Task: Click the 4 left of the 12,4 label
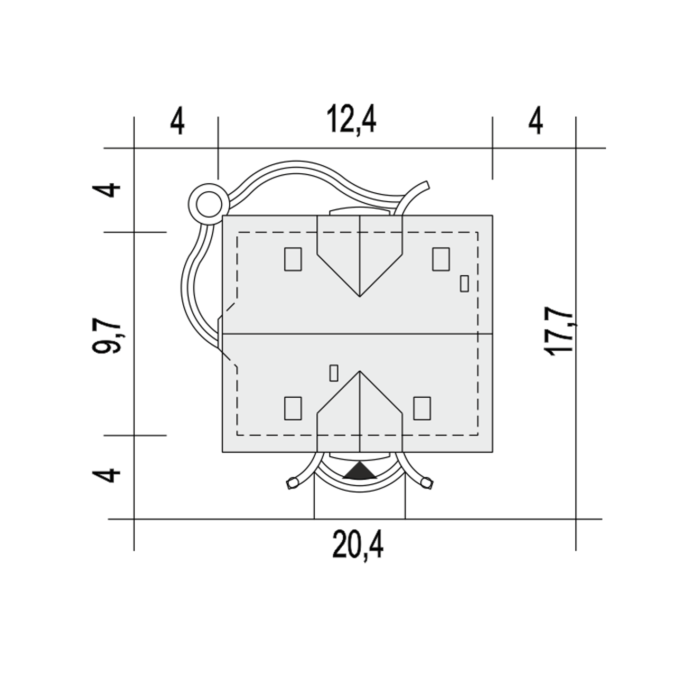click(x=177, y=123)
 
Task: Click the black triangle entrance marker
click(x=360, y=470)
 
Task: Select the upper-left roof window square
click(x=293, y=259)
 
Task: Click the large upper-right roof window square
click(x=441, y=259)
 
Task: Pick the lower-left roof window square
click(x=293, y=408)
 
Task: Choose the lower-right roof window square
click(x=421, y=408)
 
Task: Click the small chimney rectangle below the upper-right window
click(x=464, y=284)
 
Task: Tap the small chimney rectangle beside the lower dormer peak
click(x=334, y=373)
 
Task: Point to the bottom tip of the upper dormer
click(x=360, y=296)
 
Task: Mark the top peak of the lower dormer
click(x=360, y=371)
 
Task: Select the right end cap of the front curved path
click(x=427, y=482)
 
